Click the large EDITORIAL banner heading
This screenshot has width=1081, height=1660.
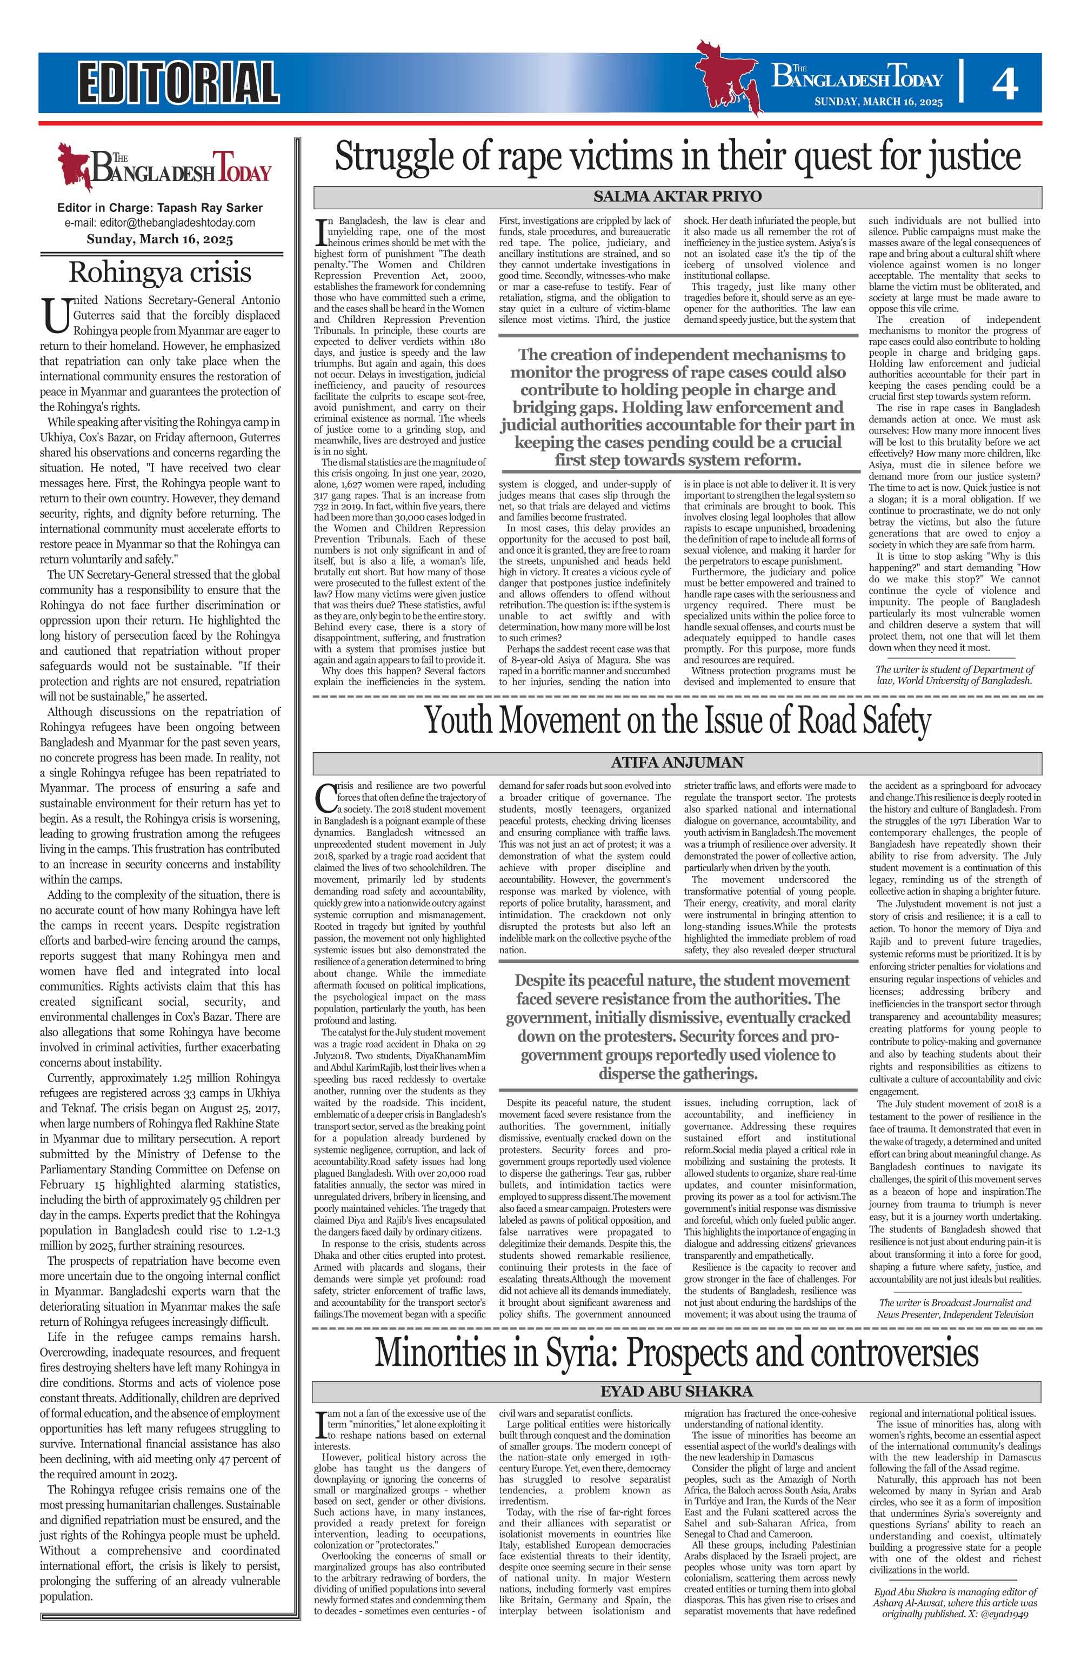[x=178, y=82]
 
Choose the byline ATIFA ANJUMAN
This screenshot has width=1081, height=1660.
[x=677, y=762]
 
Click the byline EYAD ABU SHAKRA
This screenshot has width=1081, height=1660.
[x=677, y=1391]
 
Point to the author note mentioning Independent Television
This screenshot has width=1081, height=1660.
[x=956, y=1309]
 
